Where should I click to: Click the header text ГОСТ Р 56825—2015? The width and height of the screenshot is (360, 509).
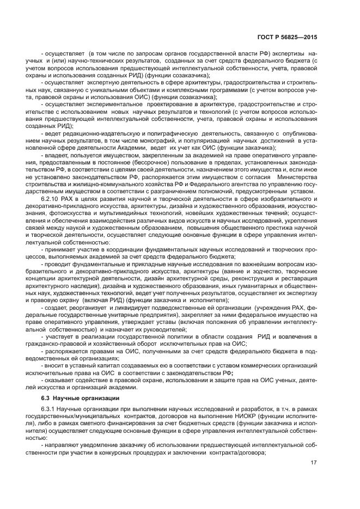286,38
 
